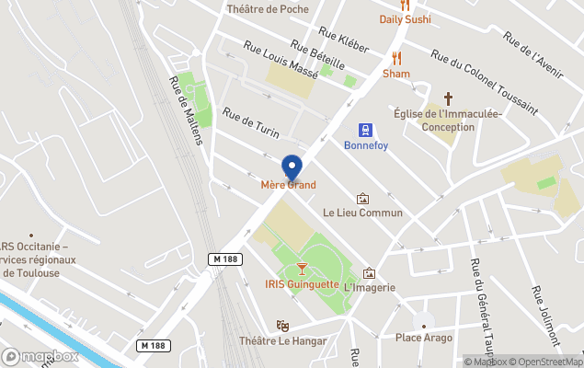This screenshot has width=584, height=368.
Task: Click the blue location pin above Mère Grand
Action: (292, 167)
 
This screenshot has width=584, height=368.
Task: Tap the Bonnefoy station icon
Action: (365, 130)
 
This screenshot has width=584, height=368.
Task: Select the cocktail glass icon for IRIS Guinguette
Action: (303, 268)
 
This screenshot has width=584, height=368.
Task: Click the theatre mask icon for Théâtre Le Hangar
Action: (283, 326)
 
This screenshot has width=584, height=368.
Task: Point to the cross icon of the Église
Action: (449, 98)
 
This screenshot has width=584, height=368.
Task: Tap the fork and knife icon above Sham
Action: (396, 58)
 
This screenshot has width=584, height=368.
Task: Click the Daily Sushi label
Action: (405, 19)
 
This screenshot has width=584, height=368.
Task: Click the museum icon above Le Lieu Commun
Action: (363, 198)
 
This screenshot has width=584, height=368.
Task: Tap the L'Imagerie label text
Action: (369, 288)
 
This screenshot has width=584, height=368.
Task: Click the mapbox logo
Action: (41, 356)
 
